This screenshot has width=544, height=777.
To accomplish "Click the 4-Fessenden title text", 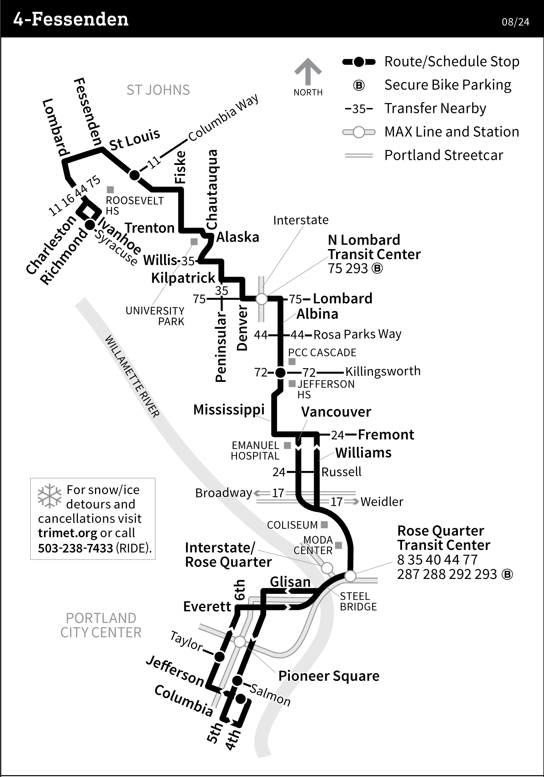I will pyautogui.click(x=71, y=19).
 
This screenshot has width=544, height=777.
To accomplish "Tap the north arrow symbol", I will pyautogui.click(x=308, y=72).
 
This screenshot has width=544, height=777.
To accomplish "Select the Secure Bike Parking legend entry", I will pyautogui.click(x=447, y=85).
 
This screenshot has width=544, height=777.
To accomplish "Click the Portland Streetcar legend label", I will pyautogui.click(x=443, y=155).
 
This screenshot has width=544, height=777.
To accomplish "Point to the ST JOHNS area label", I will pyautogui.click(x=158, y=90).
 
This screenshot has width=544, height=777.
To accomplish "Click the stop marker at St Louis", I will pyautogui.click(x=135, y=175).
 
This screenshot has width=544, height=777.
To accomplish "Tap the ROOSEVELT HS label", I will pyautogui.click(x=134, y=206).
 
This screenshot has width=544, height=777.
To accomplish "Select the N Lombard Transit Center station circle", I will pyautogui.click(x=262, y=299).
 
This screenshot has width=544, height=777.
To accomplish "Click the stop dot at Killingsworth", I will pyautogui.click(x=280, y=372).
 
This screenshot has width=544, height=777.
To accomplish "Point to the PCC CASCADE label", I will pyautogui.click(x=322, y=353).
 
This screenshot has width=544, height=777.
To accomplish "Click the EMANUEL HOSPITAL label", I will pyautogui.click(x=255, y=450).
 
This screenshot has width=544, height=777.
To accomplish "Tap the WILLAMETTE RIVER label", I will pyautogui.click(x=132, y=376).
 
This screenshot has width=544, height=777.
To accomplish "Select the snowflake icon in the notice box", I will pyautogui.click(x=50, y=496).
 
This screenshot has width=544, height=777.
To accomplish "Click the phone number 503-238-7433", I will pyautogui.click(x=75, y=548).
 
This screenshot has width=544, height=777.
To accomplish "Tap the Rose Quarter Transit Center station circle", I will pyautogui.click(x=350, y=576).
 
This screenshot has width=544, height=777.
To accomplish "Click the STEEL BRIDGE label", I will pyautogui.click(x=358, y=601).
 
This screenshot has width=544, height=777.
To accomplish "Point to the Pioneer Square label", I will pyautogui.click(x=329, y=676).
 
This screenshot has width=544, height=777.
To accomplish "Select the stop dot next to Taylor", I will pyautogui.click(x=220, y=656).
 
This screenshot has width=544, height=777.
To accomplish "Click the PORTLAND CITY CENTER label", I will pyautogui.click(x=101, y=625).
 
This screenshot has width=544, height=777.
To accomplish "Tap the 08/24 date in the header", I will pyautogui.click(x=515, y=22).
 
